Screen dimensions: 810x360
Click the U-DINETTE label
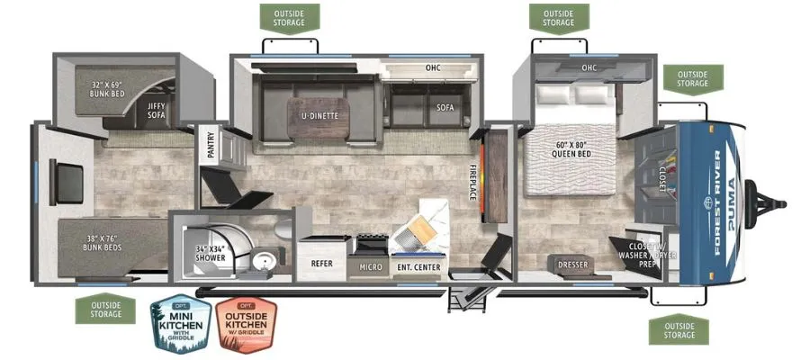click(x=320, y=116)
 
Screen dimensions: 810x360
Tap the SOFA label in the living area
click(x=445, y=108)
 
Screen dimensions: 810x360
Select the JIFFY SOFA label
click(x=156, y=111)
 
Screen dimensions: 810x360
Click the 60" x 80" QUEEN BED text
click(x=571, y=149)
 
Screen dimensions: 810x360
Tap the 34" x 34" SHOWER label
click(x=211, y=253)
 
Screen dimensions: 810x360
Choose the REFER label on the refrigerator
click(x=321, y=264)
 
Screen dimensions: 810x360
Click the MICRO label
click(x=372, y=267)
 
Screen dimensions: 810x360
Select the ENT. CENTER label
click(x=418, y=267)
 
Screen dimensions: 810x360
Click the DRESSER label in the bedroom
click(x=573, y=265)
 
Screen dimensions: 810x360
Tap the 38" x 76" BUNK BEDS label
click(x=103, y=243)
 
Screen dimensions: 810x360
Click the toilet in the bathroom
click(x=283, y=229)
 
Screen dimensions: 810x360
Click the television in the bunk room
click(x=67, y=182)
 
